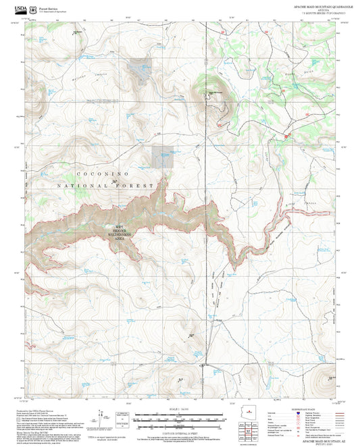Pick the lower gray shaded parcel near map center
click(162, 157)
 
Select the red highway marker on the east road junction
click(286, 137)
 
